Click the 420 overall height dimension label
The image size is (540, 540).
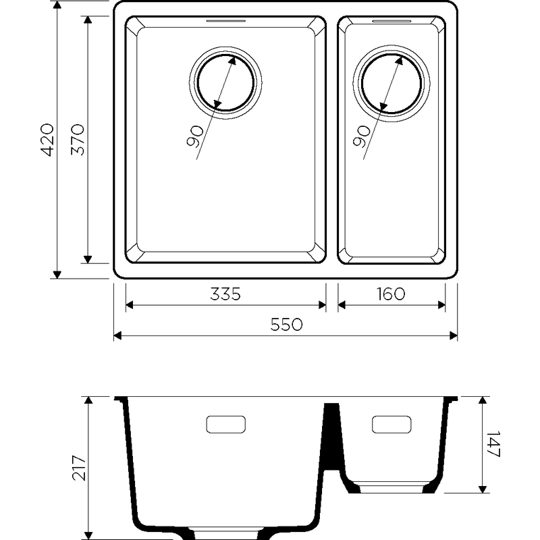pos(47,140)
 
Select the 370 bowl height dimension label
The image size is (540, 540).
pos(78,140)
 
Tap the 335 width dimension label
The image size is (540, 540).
pos(225,294)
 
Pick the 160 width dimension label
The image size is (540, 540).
pos(391,294)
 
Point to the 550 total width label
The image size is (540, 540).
pos(286,325)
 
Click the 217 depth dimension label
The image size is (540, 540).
pos(79,468)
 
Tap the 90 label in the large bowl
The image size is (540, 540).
pos(195,137)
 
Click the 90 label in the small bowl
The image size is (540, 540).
pos(362,136)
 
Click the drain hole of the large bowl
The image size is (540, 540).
pos(225,82)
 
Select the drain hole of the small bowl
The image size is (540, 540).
pos(391,83)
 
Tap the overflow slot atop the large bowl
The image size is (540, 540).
pos(226,21)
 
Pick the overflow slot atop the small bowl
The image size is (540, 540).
pos(391,21)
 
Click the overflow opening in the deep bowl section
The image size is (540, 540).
pos(226,425)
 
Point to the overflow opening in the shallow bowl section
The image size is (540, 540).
pos(391,425)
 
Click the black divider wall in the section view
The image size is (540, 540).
pos(332,436)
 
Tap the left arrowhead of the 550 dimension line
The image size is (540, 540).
pos(117,335)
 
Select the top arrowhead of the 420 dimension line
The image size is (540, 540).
pos(57,5)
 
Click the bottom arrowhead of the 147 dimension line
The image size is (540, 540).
pos(483,489)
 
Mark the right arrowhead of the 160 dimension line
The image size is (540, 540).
pos(441,305)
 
